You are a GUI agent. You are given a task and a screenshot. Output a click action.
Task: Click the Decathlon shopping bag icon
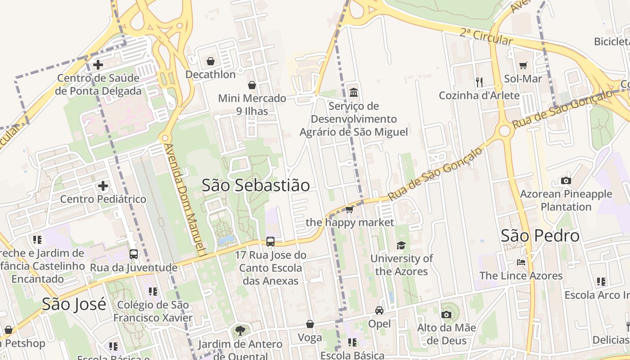click(x=211, y=61)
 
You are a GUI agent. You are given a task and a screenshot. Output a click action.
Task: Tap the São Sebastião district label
click(x=256, y=185)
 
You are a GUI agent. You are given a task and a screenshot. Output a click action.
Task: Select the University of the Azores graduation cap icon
click(x=401, y=245)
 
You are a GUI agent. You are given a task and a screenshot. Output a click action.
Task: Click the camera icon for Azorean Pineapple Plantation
click(x=566, y=181)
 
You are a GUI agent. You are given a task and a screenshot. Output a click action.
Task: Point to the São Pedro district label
click(x=540, y=236)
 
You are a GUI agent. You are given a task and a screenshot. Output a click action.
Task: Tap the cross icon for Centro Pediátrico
click(x=103, y=186)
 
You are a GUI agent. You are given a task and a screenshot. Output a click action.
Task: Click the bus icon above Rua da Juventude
click(x=134, y=254)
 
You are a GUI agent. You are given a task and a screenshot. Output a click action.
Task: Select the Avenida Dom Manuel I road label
click(x=184, y=200)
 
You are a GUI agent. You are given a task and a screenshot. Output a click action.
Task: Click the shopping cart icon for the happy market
click(x=349, y=209)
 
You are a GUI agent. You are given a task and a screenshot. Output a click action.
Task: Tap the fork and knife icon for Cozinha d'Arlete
click(x=479, y=82)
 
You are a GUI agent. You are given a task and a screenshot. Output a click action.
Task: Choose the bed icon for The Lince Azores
click(x=521, y=262)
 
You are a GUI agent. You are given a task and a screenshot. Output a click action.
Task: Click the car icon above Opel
click(x=379, y=310)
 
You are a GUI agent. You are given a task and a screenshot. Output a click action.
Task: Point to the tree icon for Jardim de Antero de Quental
click(x=241, y=331)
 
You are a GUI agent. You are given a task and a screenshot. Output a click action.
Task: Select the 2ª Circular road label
click(x=486, y=36)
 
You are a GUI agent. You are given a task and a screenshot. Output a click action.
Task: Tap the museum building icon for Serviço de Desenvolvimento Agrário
click(x=354, y=93)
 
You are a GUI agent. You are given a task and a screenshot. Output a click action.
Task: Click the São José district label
click(x=74, y=304)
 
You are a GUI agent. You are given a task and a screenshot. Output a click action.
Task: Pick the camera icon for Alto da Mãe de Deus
click(x=446, y=315)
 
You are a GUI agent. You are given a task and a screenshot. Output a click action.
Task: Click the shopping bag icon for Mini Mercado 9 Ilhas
click(x=252, y=85)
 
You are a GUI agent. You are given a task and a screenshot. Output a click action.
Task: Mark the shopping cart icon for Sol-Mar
click(x=523, y=66)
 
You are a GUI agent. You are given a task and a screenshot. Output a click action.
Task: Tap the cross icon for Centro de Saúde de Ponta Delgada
click(x=98, y=64)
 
